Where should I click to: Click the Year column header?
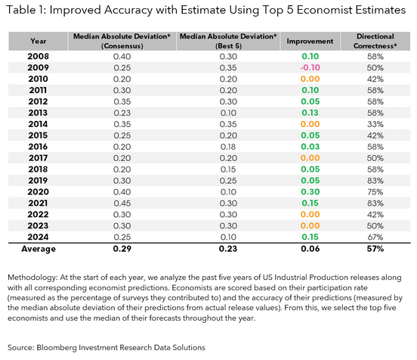pos(38,41)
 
